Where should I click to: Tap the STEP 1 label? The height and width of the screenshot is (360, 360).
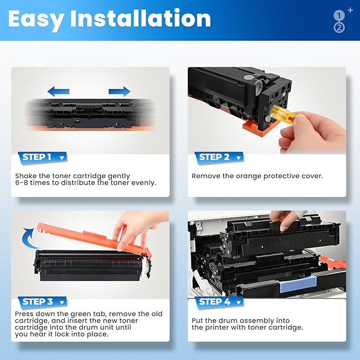pos(37,157)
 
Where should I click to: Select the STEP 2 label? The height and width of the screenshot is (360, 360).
pos(214,157)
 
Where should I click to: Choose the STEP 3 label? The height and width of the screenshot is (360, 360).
pos(37,302)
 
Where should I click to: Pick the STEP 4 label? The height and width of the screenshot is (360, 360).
pos(214,302)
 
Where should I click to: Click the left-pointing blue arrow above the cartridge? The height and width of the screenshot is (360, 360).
pos(58,91)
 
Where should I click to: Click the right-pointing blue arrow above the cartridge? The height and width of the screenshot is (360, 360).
pos(119,91)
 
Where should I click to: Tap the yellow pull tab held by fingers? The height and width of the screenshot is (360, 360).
pos(281,112)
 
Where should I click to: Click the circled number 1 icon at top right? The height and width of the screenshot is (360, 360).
pos(339,15)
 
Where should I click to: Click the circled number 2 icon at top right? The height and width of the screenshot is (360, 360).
pos(339,27)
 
